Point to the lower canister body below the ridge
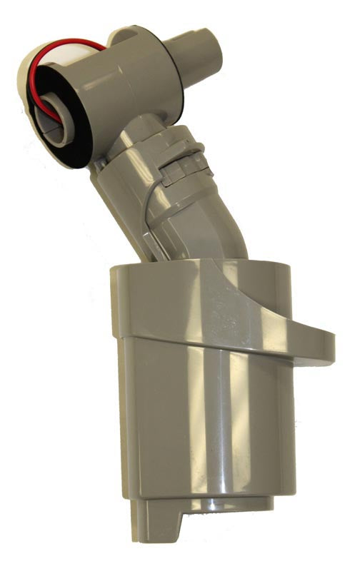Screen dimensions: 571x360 (x=207, y=428)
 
